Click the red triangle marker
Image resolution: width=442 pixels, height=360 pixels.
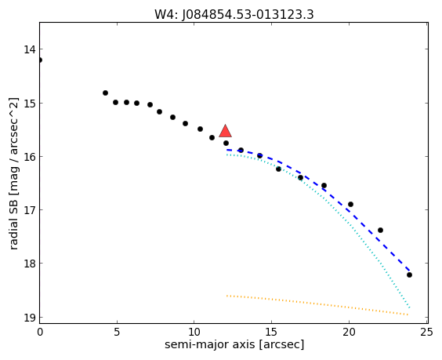[x=225, y=131]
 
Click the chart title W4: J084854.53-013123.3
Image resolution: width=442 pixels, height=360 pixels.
[x=234, y=14]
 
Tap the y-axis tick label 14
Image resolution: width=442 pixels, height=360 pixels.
[x=30, y=49]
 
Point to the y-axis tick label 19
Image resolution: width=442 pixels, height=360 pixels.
[x=30, y=318]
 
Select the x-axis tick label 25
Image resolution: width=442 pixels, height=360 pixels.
[x=426, y=333]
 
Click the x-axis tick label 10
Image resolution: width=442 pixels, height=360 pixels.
[x=194, y=333]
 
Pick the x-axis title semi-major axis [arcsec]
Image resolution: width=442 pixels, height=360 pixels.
[x=234, y=345]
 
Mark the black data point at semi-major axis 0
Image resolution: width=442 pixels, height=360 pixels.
[x=40, y=60]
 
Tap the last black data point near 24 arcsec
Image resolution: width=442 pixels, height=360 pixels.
[x=409, y=275]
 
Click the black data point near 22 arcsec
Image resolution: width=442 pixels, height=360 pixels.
[x=380, y=231]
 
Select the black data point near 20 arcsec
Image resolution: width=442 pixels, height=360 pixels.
[x=350, y=204]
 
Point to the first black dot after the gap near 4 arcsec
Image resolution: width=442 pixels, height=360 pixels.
[x=105, y=93]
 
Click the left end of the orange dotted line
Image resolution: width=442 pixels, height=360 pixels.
[x=227, y=296]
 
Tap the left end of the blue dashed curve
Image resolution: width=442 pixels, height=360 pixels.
[x=227, y=150]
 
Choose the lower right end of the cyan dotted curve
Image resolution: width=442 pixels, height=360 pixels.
[x=409, y=307]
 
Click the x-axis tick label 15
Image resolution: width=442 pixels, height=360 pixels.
[x=271, y=333]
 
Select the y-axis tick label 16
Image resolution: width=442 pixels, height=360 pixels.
[x=30, y=157]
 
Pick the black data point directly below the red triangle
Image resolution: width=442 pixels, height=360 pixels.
[x=226, y=143]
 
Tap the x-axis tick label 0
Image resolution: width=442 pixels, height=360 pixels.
[x=40, y=333]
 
